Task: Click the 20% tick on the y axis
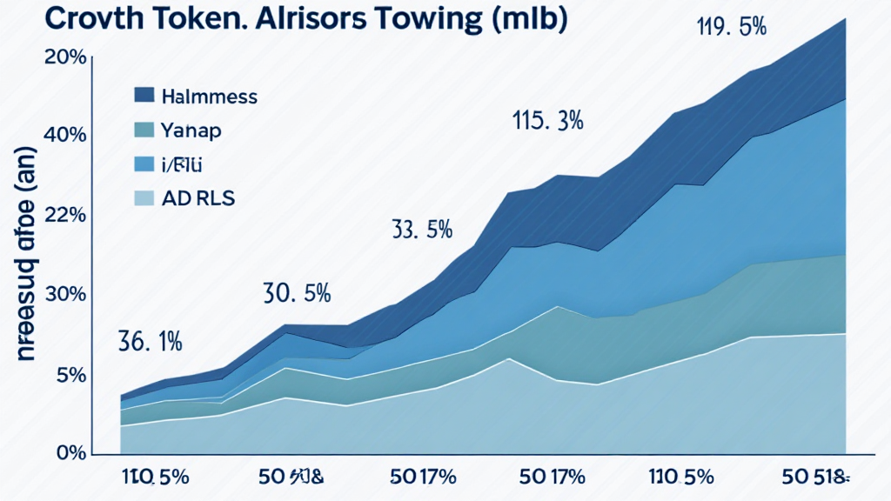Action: [x=64, y=57]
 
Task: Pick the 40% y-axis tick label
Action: [x=64, y=136]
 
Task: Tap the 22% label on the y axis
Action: [x=64, y=217]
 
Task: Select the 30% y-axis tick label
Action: [x=64, y=295]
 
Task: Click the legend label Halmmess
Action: [x=209, y=97]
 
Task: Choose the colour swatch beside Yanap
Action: [x=144, y=130]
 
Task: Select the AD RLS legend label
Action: [x=198, y=197]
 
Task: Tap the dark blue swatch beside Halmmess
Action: [x=144, y=96]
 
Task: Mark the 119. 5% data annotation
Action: [x=731, y=27]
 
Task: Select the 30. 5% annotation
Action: [x=296, y=294]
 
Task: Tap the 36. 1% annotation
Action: [x=149, y=342]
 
